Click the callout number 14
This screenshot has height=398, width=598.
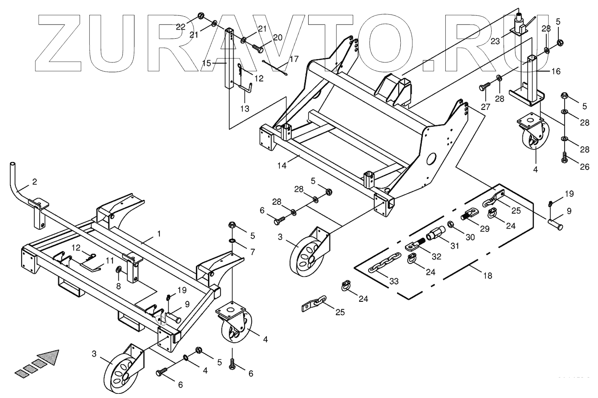point(282,165)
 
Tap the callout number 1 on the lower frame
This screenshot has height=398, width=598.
point(158,234)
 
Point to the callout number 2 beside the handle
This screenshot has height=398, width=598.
point(34,182)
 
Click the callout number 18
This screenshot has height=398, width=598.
point(487,275)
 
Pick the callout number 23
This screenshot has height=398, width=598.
point(495,41)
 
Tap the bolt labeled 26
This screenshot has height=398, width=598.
point(565,158)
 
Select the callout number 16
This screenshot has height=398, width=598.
point(556,71)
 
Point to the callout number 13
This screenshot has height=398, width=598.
point(244,109)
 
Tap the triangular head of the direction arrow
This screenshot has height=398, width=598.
point(49,357)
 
